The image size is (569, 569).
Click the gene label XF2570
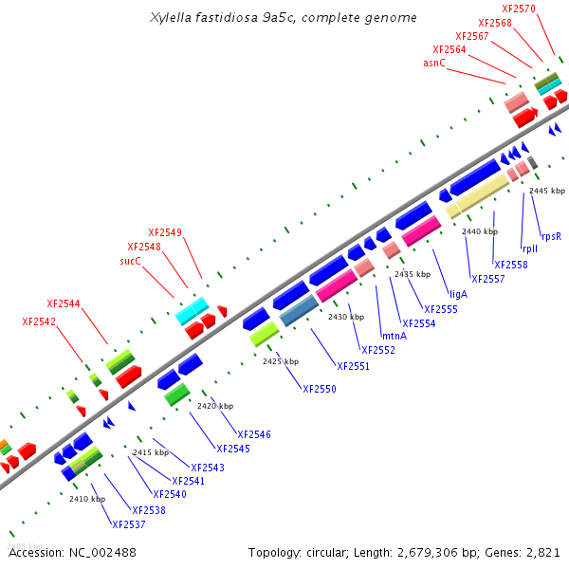coord(548,9)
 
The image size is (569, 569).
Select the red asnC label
coord(434,63)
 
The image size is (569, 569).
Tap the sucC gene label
coord(130,260)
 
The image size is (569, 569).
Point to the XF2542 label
coord(39,321)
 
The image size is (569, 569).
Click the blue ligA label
coord(459,294)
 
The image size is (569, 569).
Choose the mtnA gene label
coord(394,336)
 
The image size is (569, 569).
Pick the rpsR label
coord(551,236)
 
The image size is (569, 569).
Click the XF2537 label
coord(129,524)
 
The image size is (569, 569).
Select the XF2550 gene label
coord(320,389)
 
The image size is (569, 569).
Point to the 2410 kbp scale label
coord(87,499)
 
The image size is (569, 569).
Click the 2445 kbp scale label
coord(547,191)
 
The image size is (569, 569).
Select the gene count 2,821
coord(542,552)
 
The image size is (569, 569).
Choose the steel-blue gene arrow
coord(298,309)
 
